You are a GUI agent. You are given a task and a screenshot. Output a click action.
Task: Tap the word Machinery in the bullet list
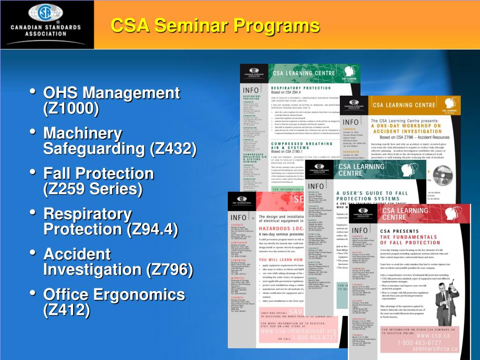82,134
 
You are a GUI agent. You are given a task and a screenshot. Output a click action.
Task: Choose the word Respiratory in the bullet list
88,214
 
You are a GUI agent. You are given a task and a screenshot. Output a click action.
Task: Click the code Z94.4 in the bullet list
152,230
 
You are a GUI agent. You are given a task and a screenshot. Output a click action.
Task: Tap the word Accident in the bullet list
77,255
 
